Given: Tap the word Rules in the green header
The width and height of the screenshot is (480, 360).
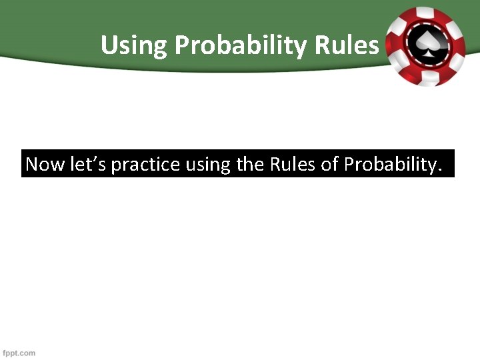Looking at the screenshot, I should [x=347, y=45].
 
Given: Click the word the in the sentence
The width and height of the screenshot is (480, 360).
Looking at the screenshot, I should [x=251, y=164].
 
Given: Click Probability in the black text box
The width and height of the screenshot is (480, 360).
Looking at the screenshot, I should [x=389, y=165].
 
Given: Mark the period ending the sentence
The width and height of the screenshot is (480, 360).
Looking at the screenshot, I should [x=440, y=171].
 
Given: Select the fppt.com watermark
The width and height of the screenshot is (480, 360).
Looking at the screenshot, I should [x=19, y=353].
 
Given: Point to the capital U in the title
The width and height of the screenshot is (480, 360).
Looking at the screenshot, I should [x=109, y=45].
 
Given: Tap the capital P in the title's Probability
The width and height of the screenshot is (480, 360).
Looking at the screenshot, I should [x=183, y=45].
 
